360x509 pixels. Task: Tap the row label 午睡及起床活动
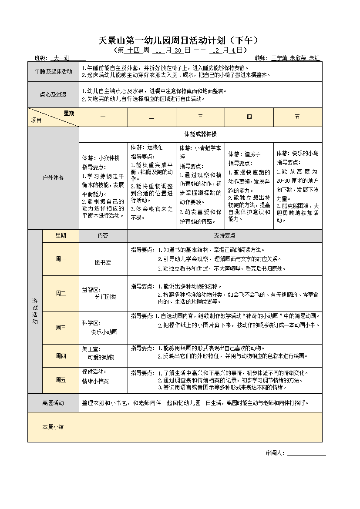(x=53, y=72)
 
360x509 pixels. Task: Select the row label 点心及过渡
(x=53, y=94)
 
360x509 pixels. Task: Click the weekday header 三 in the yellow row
(x=200, y=117)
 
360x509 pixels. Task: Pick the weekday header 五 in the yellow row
(x=298, y=117)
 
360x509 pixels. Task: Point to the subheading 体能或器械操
(x=200, y=134)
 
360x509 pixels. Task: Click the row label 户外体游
(x=53, y=178)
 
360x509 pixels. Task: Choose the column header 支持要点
(x=225, y=235)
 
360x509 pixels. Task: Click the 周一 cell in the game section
(x=61, y=259)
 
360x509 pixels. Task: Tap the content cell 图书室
(x=103, y=262)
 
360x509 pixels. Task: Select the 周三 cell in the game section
(x=61, y=328)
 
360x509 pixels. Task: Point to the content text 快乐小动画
(x=104, y=332)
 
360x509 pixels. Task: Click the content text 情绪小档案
(x=95, y=381)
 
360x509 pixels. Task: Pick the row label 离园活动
(x=53, y=403)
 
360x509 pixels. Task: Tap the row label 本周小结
(x=53, y=427)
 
